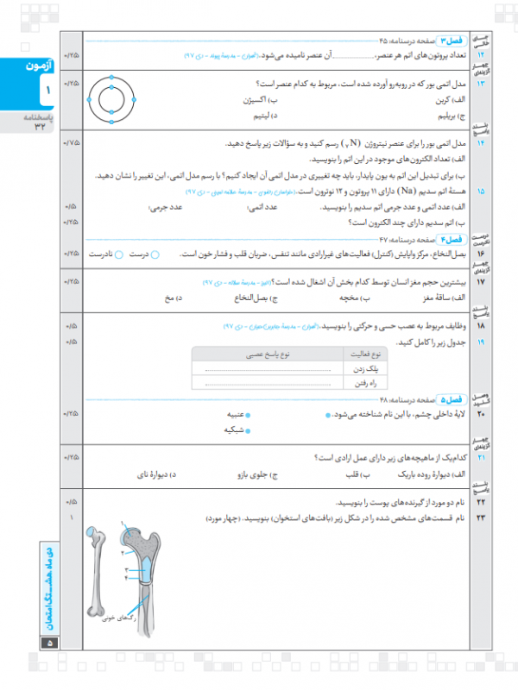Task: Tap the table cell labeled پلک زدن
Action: click(363, 368)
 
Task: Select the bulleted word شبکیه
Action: click(232, 429)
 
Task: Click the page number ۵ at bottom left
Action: click(48, 643)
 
